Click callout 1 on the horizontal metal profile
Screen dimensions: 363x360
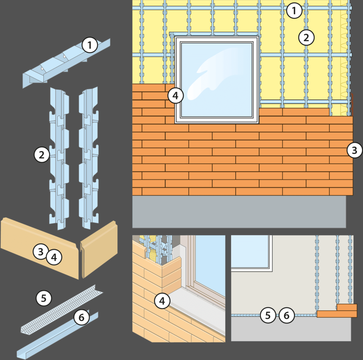pos(90,45)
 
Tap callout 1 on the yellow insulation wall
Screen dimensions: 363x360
pos(294,10)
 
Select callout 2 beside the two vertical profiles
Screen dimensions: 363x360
pos(42,155)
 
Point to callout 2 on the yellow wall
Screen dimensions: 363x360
pos(306,37)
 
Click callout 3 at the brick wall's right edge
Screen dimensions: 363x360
pos(354,150)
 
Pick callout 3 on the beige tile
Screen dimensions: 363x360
pos(40,251)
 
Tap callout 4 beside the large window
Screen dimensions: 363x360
pos(175,95)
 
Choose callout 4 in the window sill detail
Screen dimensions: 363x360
pos(162,301)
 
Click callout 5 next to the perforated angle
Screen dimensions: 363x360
pos(44,298)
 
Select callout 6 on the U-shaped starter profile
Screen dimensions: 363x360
pos(82,317)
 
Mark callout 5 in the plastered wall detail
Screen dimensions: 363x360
pos(268,315)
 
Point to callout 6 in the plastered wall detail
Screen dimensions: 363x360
pos(286,315)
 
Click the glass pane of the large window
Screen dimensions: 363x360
pos(217,80)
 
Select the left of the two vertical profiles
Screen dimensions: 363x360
pos(59,158)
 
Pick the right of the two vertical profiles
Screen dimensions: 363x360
pos(88,158)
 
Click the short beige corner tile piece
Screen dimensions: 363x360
pos(99,249)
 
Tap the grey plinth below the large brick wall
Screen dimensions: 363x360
pos(239,211)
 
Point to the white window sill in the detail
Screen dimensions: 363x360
pos(197,306)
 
